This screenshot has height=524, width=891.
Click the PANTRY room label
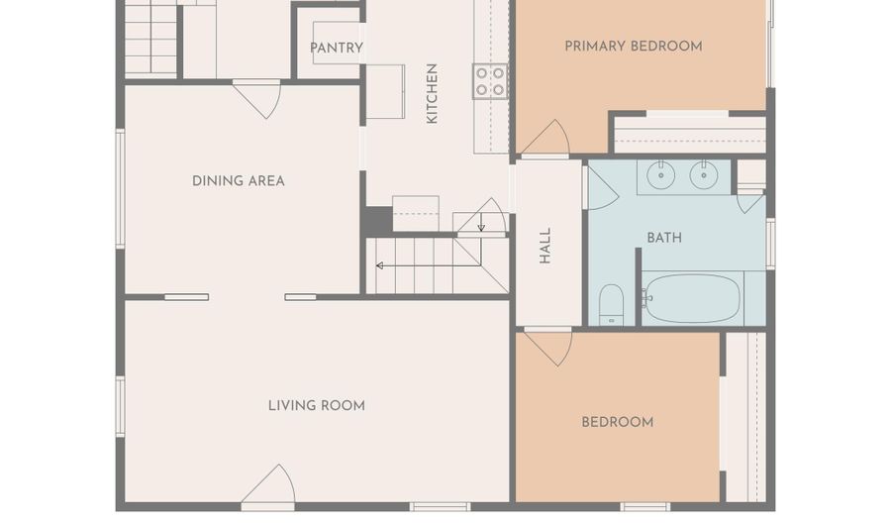click(337, 48)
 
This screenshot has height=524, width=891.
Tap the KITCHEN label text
click(432, 93)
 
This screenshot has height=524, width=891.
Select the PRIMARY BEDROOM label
click(633, 46)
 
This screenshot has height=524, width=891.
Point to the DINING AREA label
click(238, 180)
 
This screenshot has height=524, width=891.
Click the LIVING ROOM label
click(317, 405)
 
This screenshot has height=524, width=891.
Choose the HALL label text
click(544, 246)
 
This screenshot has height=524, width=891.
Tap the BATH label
click(664, 238)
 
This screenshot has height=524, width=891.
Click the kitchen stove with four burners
click(490, 81)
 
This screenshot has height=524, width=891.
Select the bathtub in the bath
click(692, 298)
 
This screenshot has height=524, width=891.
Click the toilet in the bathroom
click(612, 305)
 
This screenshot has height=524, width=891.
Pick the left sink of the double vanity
click(661, 175)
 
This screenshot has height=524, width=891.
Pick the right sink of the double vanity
click(704, 175)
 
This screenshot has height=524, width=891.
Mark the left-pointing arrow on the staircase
click(429, 265)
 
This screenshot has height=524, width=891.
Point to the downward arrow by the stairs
click(481, 222)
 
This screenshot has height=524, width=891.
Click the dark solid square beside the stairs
click(378, 219)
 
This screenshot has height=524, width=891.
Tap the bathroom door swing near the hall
click(602, 188)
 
